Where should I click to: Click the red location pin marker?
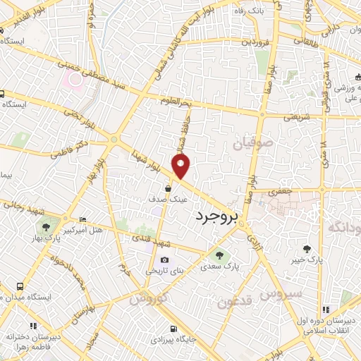click(x=182, y=166)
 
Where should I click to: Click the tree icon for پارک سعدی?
click(x=215, y=255)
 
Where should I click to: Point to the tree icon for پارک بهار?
click(x=46, y=227)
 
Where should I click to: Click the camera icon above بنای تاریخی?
click(x=165, y=259)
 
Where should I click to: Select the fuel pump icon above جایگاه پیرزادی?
click(x=173, y=329)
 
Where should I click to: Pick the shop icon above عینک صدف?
click(x=168, y=188)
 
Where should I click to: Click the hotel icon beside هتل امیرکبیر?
click(x=83, y=219)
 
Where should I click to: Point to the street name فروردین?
click(x=255, y=42)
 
